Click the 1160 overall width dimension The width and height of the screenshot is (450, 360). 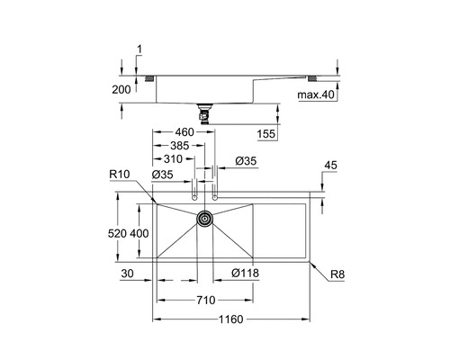click(x=230, y=319)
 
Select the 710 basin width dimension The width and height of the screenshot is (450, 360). click(x=206, y=300)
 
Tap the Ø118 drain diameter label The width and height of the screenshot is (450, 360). click(x=245, y=273)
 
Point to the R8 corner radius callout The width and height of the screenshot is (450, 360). click(x=337, y=274)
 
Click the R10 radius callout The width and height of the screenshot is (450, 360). click(x=120, y=174)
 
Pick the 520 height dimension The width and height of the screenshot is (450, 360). click(x=117, y=233)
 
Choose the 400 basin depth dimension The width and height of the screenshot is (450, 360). click(x=139, y=233)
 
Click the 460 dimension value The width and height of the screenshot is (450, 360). click(x=184, y=131)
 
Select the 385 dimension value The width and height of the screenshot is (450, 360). click(x=180, y=146)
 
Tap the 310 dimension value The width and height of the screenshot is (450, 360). click(x=173, y=159)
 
